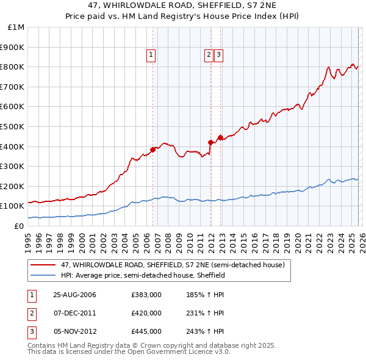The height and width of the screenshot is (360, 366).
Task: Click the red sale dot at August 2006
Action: point(153,149)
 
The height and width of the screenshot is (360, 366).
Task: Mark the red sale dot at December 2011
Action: point(210,142)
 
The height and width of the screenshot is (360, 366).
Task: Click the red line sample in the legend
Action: point(43,265)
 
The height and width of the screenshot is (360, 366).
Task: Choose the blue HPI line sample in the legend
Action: point(43,275)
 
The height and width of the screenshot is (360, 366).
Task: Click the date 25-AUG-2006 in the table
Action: point(74,295)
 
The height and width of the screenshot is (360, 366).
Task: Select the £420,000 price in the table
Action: point(146,313)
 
